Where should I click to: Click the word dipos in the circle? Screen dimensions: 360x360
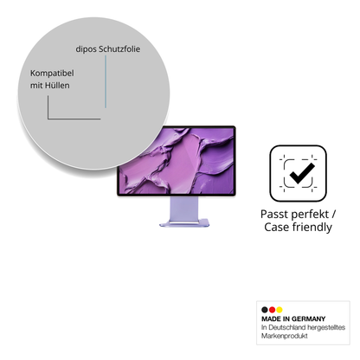click(86, 49)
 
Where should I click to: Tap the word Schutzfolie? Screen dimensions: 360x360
click(119, 48)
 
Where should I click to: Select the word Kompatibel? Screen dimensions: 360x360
click(52, 74)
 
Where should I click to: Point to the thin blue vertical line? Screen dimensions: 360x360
click(106, 81)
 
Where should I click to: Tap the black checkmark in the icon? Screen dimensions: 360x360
click(302, 173)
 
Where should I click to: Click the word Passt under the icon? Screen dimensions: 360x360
click(273, 214)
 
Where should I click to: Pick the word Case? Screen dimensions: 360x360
click(276, 227)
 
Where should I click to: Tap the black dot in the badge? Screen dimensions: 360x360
click(265, 310)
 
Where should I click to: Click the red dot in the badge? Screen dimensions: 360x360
click(272, 310)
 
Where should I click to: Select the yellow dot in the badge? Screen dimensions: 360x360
click(280, 310)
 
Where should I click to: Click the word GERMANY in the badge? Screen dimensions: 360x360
click(308, 318)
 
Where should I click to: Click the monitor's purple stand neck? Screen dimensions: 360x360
click(183, 209)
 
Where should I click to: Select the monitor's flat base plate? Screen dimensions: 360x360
click(184, 222)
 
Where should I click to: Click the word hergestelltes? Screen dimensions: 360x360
click(326, 327)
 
